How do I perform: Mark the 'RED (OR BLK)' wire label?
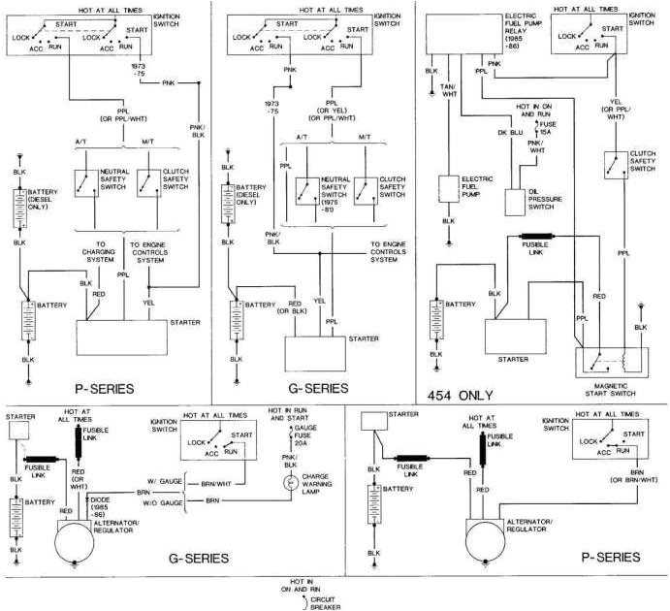coord(309,308)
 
